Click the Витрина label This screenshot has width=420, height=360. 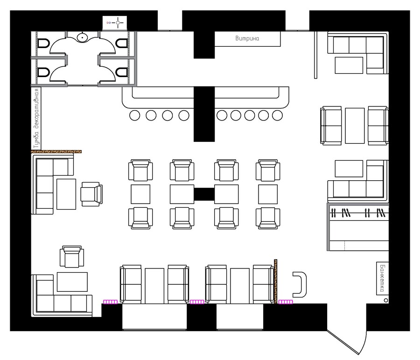[247, 38]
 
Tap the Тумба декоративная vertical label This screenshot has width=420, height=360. [36, 119]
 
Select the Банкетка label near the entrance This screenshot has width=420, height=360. [382, 278]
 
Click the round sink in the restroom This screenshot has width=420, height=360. [82, 37]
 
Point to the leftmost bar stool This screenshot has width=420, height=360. [134, 115]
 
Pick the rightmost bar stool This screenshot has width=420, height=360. [277, 115]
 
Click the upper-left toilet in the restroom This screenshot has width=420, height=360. [43, 43]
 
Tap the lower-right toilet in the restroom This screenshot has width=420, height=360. [122, 72]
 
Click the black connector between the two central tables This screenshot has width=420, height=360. [204, 194]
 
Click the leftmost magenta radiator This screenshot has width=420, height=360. [110, 302]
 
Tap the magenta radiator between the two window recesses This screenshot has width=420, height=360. [197, 302]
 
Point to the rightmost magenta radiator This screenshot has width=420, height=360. [286, 302]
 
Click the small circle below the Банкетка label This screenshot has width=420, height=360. [386, 300]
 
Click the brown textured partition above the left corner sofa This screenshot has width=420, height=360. [56, 152]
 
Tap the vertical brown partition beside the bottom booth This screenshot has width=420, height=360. [275, 282]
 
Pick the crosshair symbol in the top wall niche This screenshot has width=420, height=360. [118, 23]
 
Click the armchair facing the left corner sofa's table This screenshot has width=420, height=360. [91, 194]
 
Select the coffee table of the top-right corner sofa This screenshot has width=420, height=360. [349, 65]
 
